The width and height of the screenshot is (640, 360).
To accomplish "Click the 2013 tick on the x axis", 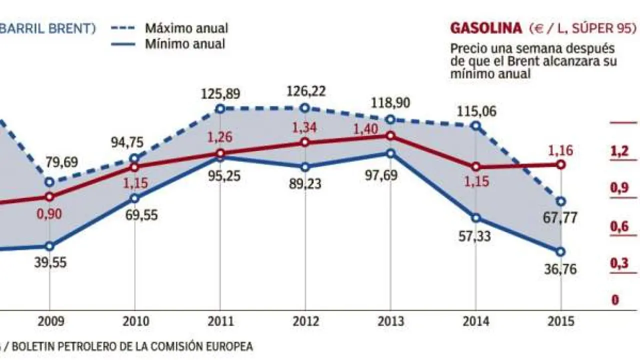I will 391,321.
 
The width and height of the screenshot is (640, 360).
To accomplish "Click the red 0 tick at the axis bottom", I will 615,300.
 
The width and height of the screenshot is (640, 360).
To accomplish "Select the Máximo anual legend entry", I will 186,28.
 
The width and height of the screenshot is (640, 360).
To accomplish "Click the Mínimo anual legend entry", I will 185,44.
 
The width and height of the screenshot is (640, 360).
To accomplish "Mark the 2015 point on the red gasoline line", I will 561,164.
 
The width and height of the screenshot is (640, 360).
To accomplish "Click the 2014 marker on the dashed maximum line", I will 476,126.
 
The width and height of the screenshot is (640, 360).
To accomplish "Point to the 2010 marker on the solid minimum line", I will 134,198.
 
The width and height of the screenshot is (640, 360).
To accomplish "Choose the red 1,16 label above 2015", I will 561,150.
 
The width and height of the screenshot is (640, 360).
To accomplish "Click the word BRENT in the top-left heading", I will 70,28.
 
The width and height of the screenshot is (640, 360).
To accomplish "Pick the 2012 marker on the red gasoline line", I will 305,142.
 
